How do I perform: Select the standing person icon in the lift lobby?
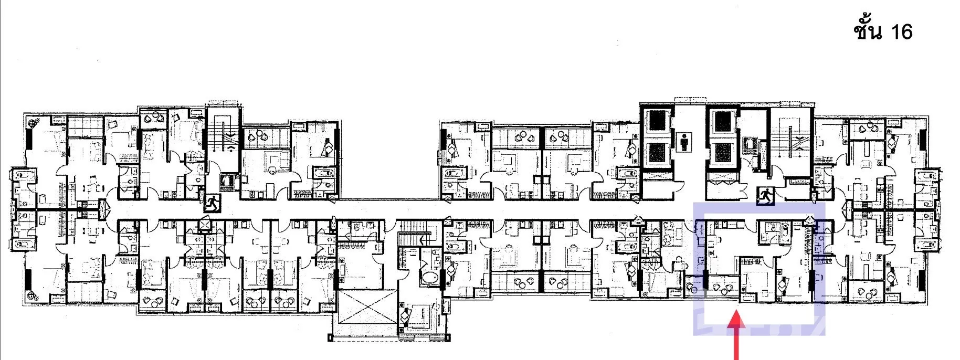click(x=684, y=141)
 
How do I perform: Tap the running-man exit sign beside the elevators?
click(x=765, y=196)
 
